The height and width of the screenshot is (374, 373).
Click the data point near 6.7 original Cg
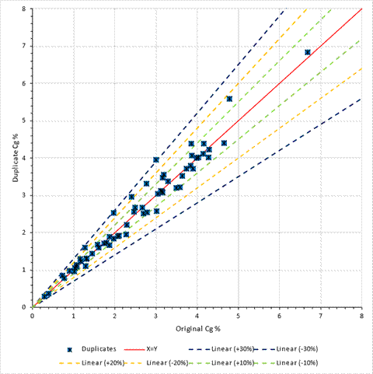coord(308,52)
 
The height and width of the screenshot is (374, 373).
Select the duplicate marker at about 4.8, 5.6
coord(229,99)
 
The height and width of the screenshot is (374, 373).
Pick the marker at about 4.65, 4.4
coord(224,143)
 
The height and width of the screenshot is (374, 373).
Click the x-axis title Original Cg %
coord(198,329)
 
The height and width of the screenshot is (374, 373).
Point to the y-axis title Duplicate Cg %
coord(16,158)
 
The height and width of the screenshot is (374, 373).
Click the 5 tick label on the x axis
coord(238,316)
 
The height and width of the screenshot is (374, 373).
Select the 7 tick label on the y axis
coord(24,46)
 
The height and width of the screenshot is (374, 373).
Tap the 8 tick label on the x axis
coord(361,316)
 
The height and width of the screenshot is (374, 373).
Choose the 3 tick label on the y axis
coord(24,195)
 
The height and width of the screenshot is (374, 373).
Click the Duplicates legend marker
coord(69,350)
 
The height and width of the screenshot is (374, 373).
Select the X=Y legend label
coord(152,349)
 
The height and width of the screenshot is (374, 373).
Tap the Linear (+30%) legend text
coord(233,349)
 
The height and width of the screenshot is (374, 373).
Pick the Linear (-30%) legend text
coord(297,349)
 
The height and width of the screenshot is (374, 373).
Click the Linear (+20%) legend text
coord(103,362)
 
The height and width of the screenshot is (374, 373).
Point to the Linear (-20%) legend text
coord(167,362)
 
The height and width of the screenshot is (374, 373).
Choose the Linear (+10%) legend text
coord(233,362)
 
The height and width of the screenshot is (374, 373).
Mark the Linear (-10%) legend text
coord(297,362)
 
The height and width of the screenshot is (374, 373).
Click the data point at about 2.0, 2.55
coord(113,212)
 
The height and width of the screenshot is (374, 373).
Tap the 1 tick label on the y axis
coord(24,270)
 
